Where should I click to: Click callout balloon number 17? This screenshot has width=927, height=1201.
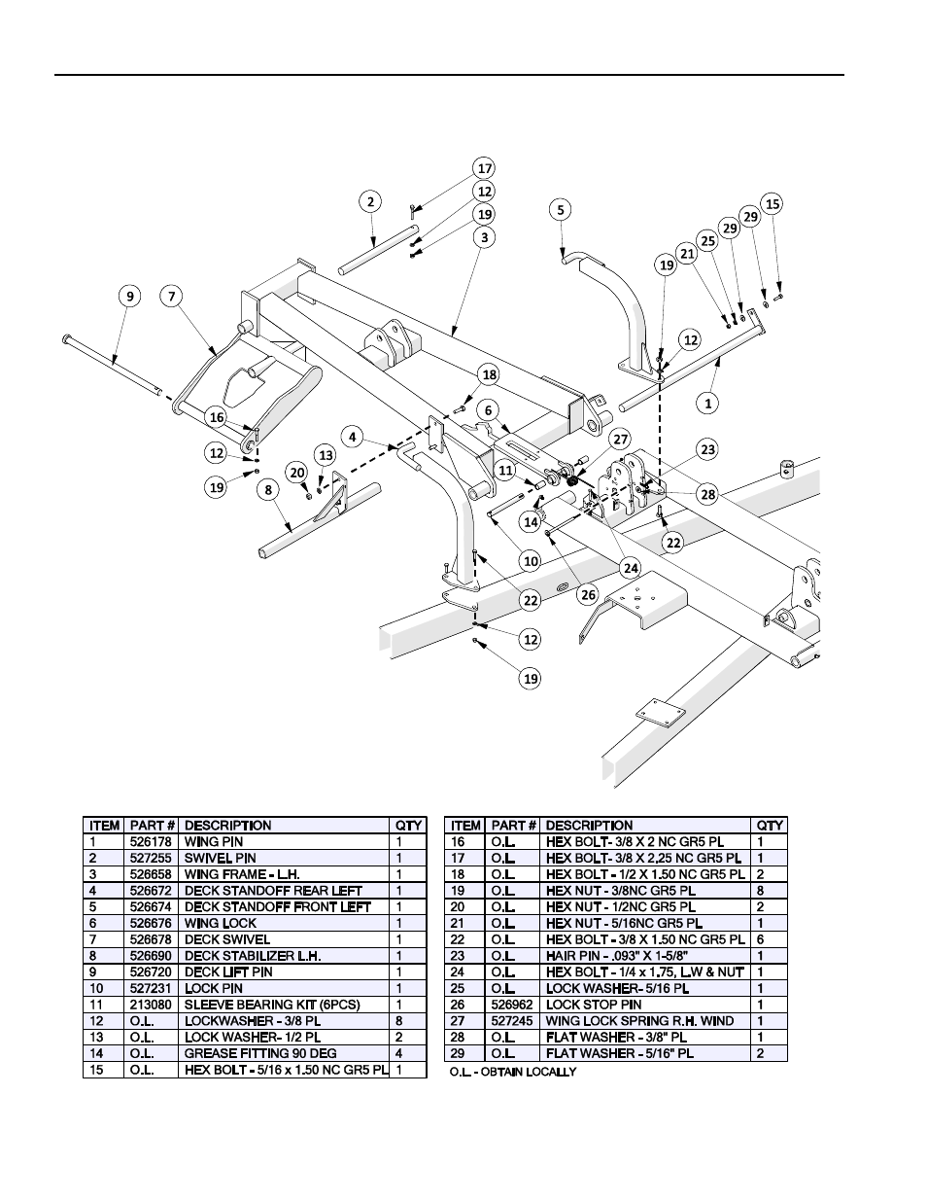pyautogui.click(x=484, y=167)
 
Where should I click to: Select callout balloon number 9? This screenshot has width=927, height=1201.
pyautogui.click(x=129, y=296)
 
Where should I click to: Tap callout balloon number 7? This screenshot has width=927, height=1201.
pyautogui.click(x=172, y=296)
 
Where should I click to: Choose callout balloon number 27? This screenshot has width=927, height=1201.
pyautogui.click(x=621, y=439)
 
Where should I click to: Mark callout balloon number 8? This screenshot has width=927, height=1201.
pyautogui.click(x=268, y=490)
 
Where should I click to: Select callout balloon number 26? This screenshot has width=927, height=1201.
pyautogui.click(x=586, y=594)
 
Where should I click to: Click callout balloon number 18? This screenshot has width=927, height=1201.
pyautogui.click(x=489, y=374)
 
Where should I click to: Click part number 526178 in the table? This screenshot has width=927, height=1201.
pyautogui.click(x=153, y=842)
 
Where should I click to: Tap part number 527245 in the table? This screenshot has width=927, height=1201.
pyautogui.click(x=513, y=1021)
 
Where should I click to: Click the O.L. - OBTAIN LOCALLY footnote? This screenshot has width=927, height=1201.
pyautogui.click(x=513, y=1072)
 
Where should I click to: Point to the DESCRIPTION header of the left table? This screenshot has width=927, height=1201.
pyautogui.click(x=228, y=826)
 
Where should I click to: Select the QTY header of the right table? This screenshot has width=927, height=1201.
pyautogui.click(x=770, y=826)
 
